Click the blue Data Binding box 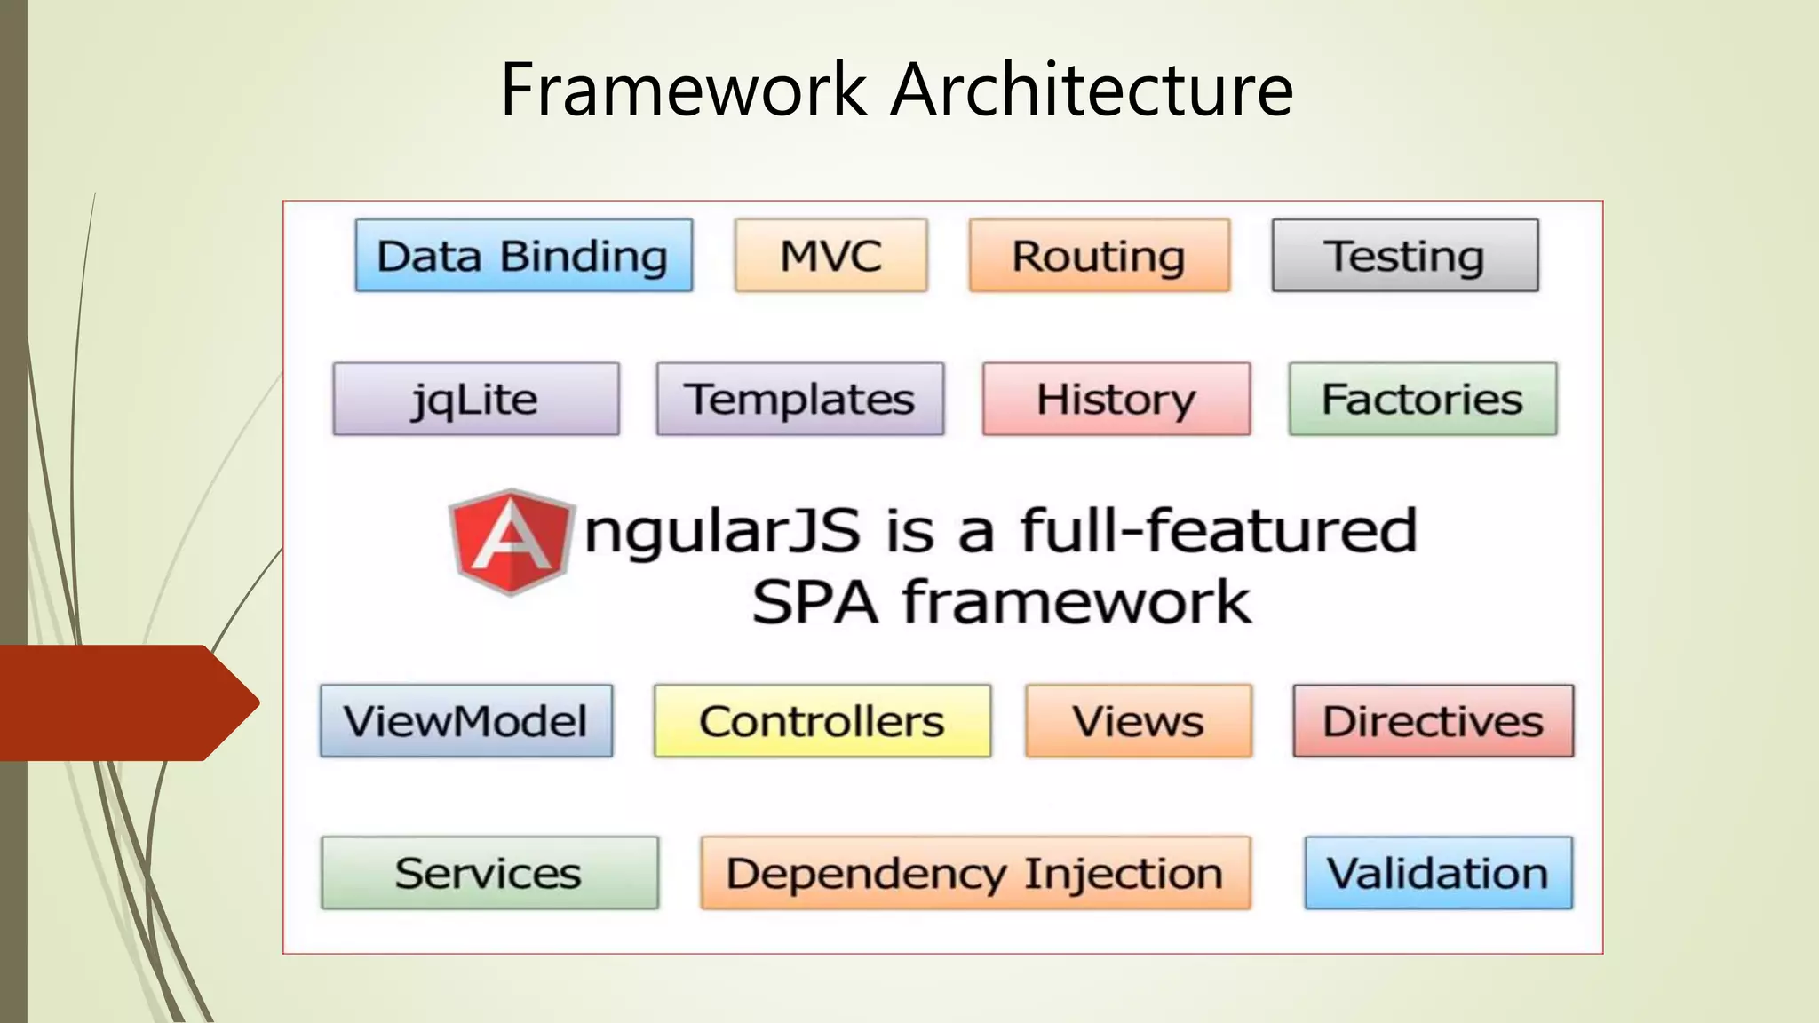(523, 256)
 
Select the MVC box (830, 256)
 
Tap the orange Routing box (1099, 256)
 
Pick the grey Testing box (1404, 256)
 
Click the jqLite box (475, 399)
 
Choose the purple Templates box (799, 399)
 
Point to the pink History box (1116, 399)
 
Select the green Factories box (1422, 399)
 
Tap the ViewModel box (465, 720)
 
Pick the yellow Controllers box (822, 720)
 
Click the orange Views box (1138, 720)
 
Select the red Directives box (1433, 720)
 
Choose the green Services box (489, 872)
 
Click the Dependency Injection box (974, 872)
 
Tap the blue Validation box (1437, 872)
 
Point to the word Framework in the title (683, 90)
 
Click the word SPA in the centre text (814, 603)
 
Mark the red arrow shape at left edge (124, 702)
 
